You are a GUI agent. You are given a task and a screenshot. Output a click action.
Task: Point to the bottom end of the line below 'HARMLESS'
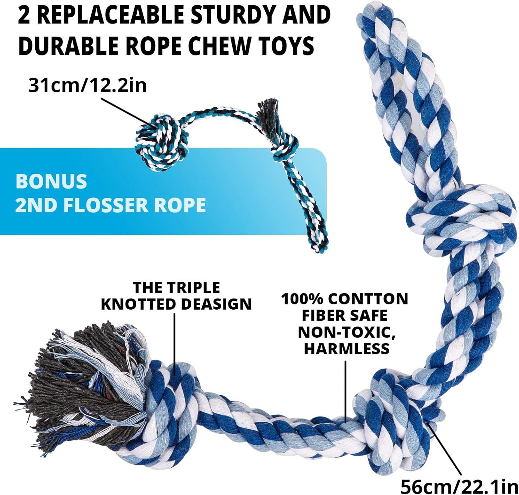[346, 422]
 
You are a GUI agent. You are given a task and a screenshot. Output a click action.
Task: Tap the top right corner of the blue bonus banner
[327, 149]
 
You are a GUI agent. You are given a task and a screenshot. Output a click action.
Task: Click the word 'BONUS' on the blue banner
[51, 181]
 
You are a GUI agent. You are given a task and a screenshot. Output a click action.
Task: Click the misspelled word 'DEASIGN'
[216, 304]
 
